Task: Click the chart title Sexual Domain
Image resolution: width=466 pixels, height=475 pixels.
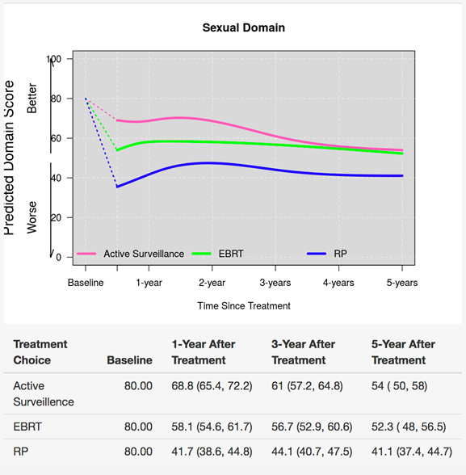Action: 243,27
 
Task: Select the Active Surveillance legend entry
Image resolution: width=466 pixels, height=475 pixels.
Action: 131,254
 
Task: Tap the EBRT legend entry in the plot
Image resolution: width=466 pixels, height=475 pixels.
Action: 218,254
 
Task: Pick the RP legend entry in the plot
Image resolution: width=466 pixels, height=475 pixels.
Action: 327,254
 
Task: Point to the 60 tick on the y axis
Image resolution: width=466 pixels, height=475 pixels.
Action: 56,138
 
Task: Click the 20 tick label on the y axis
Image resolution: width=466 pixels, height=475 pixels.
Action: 56,218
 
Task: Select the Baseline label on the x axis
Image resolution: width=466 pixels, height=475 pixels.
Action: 86,283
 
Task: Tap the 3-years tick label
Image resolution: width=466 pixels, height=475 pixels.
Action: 275,283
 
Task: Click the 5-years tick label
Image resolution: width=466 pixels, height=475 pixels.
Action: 402,283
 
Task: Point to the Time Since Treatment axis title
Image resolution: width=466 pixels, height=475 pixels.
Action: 244,305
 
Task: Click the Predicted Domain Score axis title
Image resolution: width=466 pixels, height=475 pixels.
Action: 9,158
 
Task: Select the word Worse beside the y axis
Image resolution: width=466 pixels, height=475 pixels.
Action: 31,217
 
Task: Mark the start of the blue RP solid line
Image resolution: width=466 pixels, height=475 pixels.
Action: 117,187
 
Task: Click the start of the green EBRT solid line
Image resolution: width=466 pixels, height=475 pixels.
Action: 117,150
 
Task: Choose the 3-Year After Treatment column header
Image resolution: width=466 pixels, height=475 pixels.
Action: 303,352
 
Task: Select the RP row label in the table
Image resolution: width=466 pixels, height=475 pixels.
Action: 20,452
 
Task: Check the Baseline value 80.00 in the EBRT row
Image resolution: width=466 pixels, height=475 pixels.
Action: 138,427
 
